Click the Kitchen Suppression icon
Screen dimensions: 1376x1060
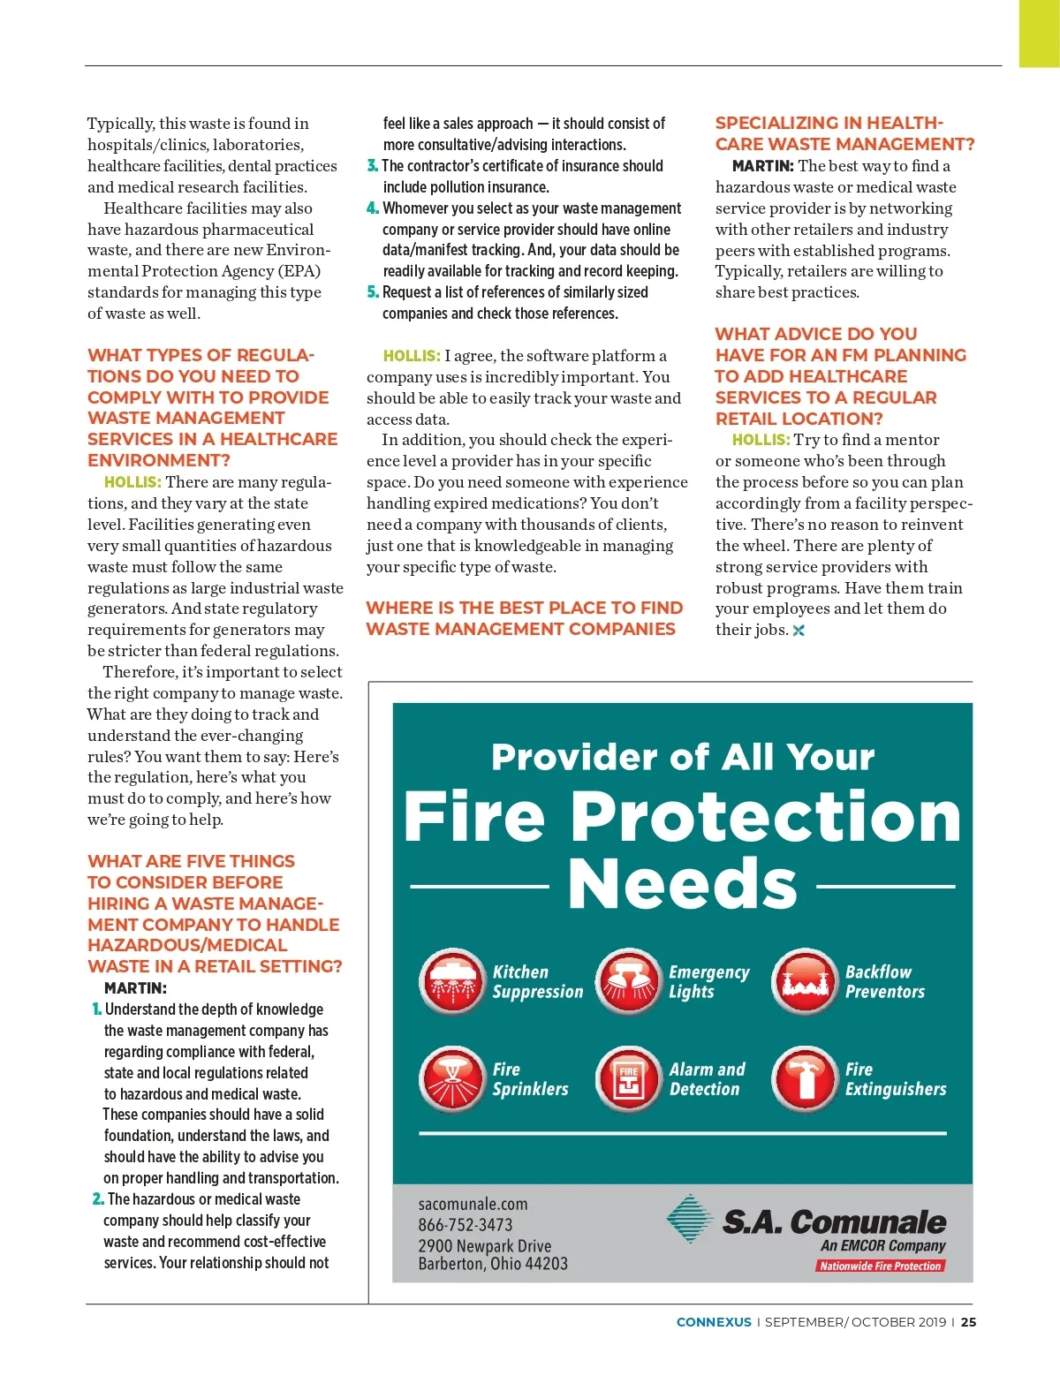[x=451, y=981]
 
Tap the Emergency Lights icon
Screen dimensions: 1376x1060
[x=628, y=981]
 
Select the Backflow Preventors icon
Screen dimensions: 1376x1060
[x=804, y=981]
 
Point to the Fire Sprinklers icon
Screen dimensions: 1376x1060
[x=451, y=1078]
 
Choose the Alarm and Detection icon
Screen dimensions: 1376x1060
[x=628, y=1078]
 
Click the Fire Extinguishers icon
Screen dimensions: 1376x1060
[x=804, y=1078]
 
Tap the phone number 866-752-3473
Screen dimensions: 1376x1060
[x=466, y=1225]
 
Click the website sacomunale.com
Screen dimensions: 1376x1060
[x=473, y=1204]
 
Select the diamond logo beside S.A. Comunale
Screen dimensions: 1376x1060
[x=690, y=1220]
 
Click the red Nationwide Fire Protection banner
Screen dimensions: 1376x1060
[x=880, y=1266]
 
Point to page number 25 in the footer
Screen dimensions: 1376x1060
[x=969, y=1322]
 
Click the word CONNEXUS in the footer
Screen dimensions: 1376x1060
[x=714, y=1322]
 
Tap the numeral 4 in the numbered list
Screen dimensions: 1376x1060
[x=372, y=208]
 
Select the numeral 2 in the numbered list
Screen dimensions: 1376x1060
[x=97, y=1199]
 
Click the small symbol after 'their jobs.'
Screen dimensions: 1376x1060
[x=799, y=631]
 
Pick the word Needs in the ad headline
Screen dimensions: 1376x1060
[x=683, y=885]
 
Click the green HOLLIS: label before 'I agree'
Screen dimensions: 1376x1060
[x=412, y=356]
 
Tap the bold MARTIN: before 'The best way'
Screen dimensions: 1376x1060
[x=762, y=166]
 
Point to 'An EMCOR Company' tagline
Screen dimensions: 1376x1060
[x=882, y=1245]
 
